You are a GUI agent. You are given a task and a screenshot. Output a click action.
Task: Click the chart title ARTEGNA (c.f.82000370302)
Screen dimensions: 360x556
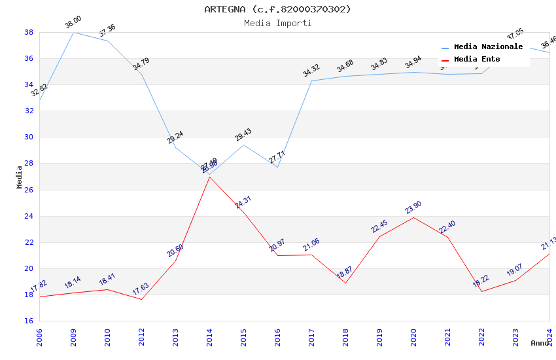click(x=277, y=9)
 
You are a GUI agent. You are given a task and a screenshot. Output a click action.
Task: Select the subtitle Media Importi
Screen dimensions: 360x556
click(x=277, y=23)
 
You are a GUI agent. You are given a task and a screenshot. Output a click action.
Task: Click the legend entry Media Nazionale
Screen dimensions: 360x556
click(x=488, y=47)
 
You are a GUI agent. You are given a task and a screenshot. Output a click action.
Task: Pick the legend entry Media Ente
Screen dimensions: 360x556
click(x=477, y=60)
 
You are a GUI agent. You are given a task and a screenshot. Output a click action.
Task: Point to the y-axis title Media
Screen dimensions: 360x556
click(x=20, y=177)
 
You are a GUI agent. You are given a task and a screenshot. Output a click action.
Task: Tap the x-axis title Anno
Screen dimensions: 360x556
click(x=540, y=343)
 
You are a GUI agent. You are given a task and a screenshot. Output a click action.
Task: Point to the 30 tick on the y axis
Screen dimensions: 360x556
click(x=29, y=137)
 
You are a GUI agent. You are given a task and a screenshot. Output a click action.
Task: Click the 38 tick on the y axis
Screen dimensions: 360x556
click(x=29, y=32)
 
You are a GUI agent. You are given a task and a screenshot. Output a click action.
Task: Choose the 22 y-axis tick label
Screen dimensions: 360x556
click(x=29, y=242)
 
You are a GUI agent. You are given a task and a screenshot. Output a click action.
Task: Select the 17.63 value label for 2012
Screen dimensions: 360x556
click(x=141, y=289)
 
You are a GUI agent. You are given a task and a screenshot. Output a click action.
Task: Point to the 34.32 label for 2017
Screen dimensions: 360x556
click(x=311, y=71)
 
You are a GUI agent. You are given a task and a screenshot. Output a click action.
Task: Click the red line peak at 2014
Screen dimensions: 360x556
click(x=209, y=177)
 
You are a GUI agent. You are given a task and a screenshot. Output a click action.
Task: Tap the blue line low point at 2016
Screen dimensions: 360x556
click(x=277, y=167)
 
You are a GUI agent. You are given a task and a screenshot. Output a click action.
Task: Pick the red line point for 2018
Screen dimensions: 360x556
click(x=345, y=283)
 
